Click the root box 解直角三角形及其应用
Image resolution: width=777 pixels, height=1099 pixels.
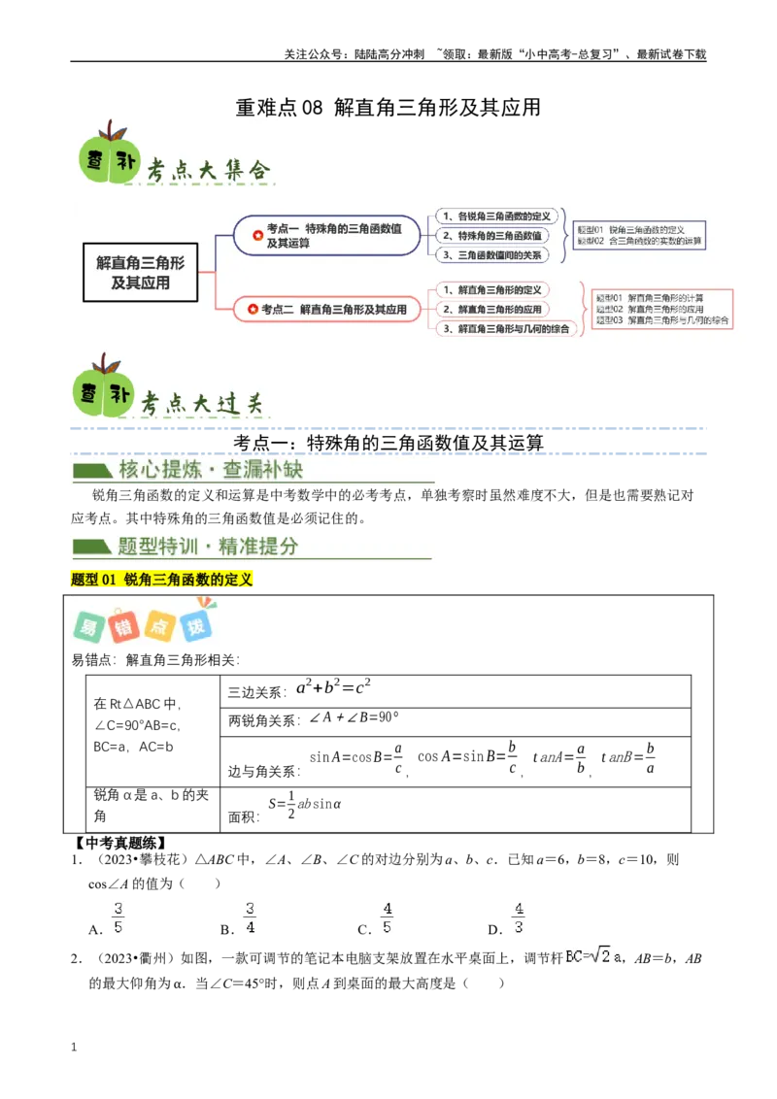(141, 272)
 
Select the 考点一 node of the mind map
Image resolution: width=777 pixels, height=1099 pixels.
(326, 235)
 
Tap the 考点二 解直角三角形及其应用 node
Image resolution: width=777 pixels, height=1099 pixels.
(326, 310)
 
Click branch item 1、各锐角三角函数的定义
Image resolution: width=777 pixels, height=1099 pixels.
(496, 216)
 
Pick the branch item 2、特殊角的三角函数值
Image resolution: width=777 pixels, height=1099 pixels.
(491, 236)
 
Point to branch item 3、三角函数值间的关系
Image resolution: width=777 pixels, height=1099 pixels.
(491, 255)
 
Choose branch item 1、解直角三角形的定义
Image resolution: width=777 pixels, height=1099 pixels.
(491, 289)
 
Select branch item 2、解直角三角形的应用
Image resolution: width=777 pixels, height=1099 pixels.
(491, 309)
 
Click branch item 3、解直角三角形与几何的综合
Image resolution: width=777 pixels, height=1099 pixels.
(505, 329)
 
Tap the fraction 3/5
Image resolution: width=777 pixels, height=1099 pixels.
(118, 917)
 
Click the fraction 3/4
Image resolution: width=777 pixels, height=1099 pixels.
(251, 917)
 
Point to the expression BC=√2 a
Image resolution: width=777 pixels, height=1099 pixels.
(592, 956)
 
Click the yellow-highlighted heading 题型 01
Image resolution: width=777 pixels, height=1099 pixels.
(162, 580)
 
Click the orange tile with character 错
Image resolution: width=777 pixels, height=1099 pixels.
(123, 626)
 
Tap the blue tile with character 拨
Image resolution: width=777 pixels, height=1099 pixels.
(197, 626)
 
